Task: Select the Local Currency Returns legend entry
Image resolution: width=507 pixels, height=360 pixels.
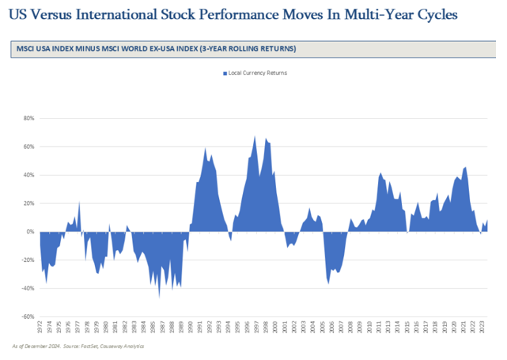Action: [257, 73]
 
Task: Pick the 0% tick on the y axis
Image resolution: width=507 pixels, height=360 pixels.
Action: [30, 232]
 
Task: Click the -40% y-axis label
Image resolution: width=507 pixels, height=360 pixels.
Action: [27, 288]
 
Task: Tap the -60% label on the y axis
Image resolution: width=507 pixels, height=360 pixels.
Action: [27, 316]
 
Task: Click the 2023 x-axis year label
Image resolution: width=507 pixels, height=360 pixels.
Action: [482, 326]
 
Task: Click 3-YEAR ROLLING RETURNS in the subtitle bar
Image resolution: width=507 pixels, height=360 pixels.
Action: [248, 49]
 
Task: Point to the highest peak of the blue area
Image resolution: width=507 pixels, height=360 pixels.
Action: [255, 137]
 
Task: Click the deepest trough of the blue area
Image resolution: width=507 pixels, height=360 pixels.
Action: [159, 296]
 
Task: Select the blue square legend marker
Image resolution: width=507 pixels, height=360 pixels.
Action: [225, 73]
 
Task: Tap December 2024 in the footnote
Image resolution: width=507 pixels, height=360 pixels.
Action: [40, 346]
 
